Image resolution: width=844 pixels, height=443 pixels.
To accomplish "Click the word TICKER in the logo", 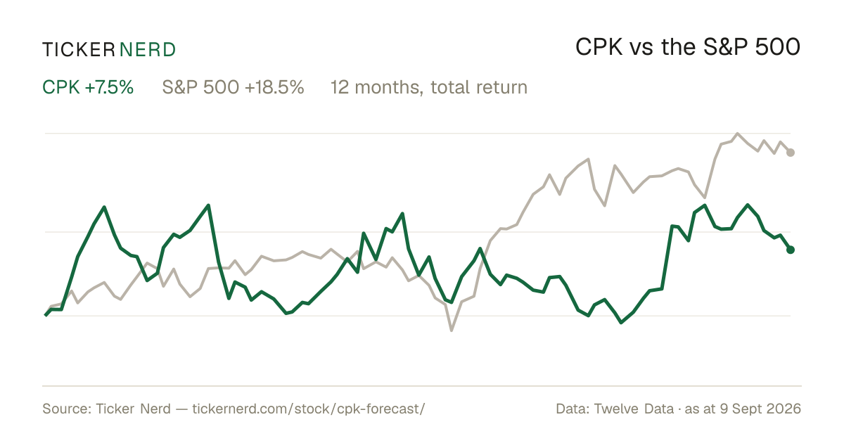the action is pos(79,50).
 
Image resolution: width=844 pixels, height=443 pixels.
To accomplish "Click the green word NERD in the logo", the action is pos(147,50).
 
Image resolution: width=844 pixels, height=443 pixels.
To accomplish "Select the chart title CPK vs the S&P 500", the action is pos(688,47).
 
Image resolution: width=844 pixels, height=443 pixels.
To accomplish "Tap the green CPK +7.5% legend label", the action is pos(88,87).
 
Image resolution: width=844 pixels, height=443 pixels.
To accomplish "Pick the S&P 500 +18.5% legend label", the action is pos(233,87).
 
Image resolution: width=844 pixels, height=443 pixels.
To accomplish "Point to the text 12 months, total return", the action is pos(429,88).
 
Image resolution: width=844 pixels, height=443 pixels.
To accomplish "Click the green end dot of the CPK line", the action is pos(791,250).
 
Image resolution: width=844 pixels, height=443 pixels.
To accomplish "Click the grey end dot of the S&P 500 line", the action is pos(791,153).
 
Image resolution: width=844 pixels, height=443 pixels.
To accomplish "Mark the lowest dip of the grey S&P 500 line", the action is pos(452,330).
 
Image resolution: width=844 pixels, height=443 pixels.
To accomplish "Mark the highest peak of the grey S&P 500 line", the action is pos(737,134).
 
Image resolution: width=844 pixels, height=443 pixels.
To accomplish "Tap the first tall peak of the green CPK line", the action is pos(104,207).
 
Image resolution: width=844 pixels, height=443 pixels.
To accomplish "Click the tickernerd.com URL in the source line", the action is pos(309,409).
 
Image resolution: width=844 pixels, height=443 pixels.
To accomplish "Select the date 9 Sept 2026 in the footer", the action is pos(760,409).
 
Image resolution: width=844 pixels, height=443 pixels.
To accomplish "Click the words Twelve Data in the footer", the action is pos(634,409).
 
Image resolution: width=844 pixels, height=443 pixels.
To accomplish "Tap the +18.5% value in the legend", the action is pos(274,87).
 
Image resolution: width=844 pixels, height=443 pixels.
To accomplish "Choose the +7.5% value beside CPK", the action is pos(109,87).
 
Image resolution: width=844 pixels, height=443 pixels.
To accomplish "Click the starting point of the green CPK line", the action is pos(46,315).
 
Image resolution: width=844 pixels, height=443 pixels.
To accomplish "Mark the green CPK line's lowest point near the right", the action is pos(621,323).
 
